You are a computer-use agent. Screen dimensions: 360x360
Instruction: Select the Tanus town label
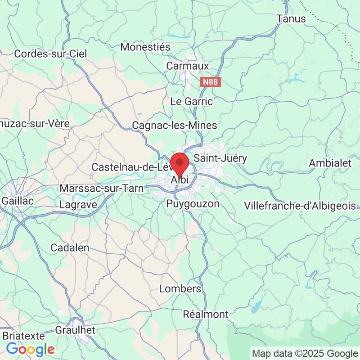[291, 19]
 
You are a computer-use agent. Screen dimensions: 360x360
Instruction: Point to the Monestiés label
[145, 47]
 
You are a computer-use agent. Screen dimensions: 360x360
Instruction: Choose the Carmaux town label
[188, 66]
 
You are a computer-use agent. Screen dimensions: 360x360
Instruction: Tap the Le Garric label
[191, 101]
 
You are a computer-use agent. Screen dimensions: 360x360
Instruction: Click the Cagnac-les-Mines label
[175, 125]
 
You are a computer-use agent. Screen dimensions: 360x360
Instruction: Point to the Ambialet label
[330, 163]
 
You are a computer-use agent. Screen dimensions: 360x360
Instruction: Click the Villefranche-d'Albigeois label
[300, 206]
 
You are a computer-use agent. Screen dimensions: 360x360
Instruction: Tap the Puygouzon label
[193, 204]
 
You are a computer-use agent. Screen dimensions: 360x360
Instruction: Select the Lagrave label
[78, 204]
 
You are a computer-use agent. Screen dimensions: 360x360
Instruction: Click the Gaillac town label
[18, 201]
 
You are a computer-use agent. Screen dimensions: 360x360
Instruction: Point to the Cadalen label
[70, 247]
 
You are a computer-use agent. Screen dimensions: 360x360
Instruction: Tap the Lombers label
[180, 288]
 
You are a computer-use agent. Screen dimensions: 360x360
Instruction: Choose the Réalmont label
[206, 314]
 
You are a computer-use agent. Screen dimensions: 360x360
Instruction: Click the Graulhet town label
[75, 330]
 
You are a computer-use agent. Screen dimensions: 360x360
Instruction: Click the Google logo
[30, 349]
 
